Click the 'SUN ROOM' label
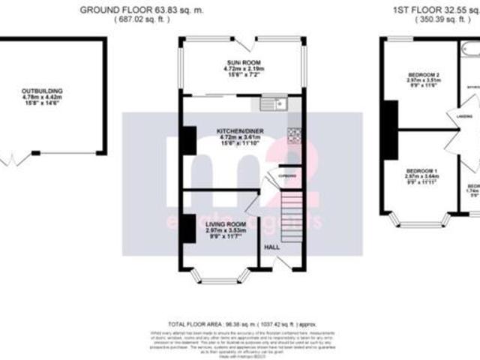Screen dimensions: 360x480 241,61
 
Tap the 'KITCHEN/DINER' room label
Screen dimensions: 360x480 241,131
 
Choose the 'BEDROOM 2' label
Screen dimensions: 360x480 423,75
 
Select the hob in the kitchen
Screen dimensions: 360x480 294,135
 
